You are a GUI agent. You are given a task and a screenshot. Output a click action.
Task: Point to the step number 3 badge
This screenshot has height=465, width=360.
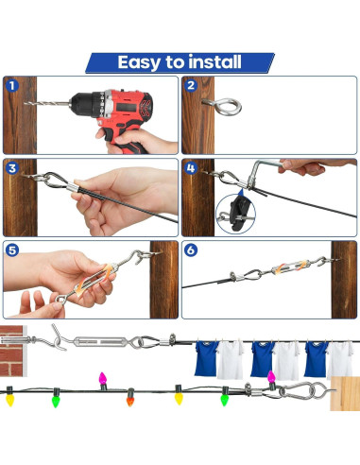[12, 169]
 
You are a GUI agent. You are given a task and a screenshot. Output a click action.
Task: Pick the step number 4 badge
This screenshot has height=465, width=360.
[192, 169]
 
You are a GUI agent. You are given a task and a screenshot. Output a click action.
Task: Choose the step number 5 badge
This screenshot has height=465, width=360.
[12, 251]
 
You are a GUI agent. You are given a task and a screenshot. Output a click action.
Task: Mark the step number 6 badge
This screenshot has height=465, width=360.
[192, 251]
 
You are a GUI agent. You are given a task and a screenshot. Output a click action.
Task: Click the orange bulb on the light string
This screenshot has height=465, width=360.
[131, 398]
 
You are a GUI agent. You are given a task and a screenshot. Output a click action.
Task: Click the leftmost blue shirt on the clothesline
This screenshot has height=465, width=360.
[205, 358]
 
